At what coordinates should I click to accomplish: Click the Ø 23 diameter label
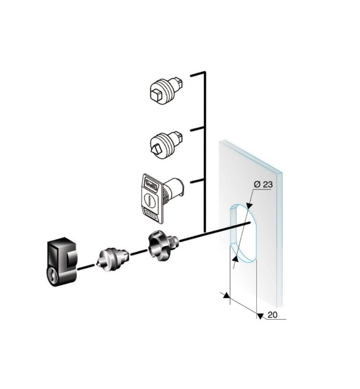coord(263,184)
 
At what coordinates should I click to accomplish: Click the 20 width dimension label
coord(272,315)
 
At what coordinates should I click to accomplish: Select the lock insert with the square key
coord(166,91)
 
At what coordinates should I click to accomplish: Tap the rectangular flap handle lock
coord(161,198)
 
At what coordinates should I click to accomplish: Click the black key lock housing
coord(61,262)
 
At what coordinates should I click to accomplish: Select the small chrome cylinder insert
coord(112,259)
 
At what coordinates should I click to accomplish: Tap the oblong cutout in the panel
coord(243,233)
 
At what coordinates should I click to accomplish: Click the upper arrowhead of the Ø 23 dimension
coord(249,205)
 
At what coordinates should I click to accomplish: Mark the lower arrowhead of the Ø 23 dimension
coord(235,259)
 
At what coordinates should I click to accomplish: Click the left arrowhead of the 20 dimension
coord(226,295)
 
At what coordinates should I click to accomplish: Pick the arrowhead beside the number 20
coord(260,316)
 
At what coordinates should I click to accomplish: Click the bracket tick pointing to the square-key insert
coord(198,74)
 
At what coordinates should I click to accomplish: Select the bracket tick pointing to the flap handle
coord(198,181)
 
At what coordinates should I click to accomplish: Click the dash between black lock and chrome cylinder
coord(86,267)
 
